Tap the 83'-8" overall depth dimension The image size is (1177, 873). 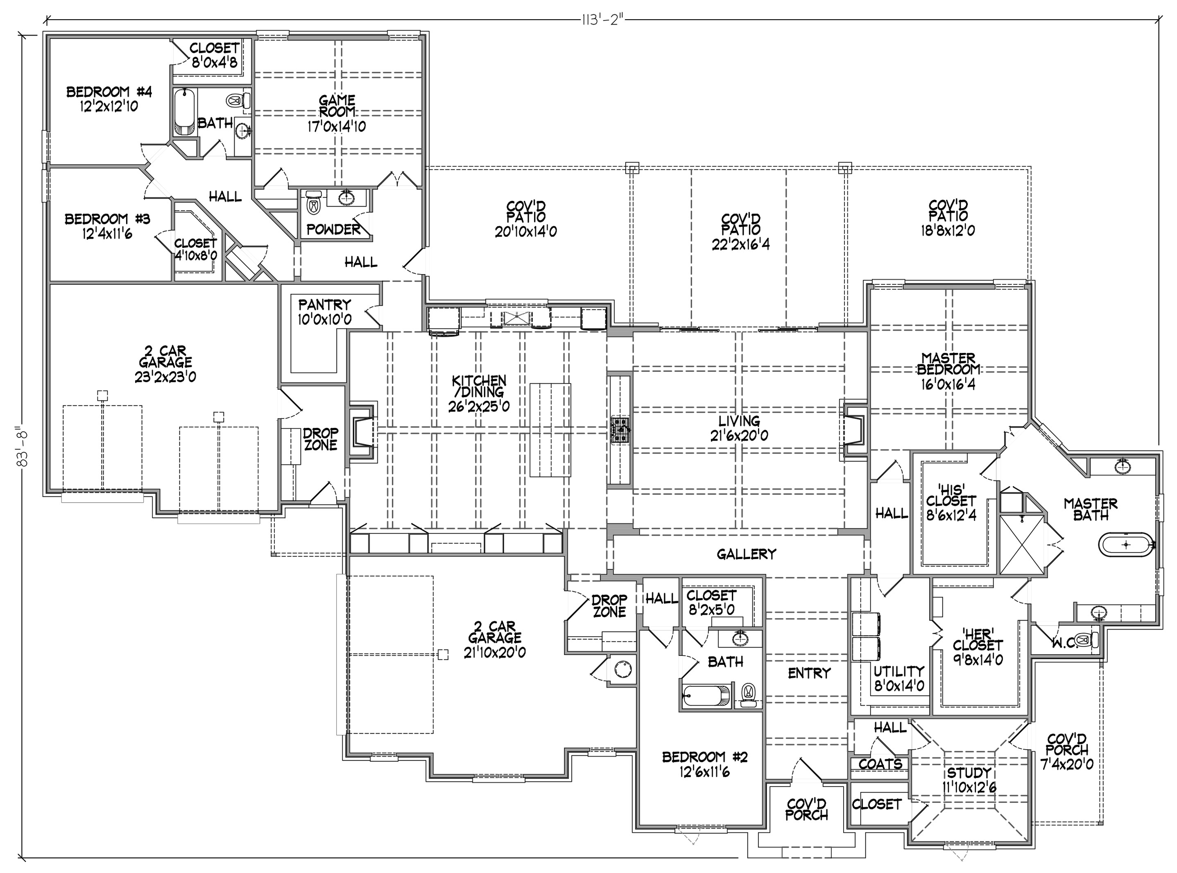click(x=22, y=446)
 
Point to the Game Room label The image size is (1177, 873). click(x=337, y=106)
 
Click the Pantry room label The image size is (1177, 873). click(x=324, y=305)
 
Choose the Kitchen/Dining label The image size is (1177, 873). click(x=479, y=386)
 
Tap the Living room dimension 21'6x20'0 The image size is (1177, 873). click(x=739, y=435)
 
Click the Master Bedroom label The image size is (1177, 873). click(x=948, y=364)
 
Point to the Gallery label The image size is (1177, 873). click(x=746, y=554)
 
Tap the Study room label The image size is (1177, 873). click(x=969, y=773)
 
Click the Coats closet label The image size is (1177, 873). click(x=880, y=764)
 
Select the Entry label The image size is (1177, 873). click(x=809, y=673)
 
